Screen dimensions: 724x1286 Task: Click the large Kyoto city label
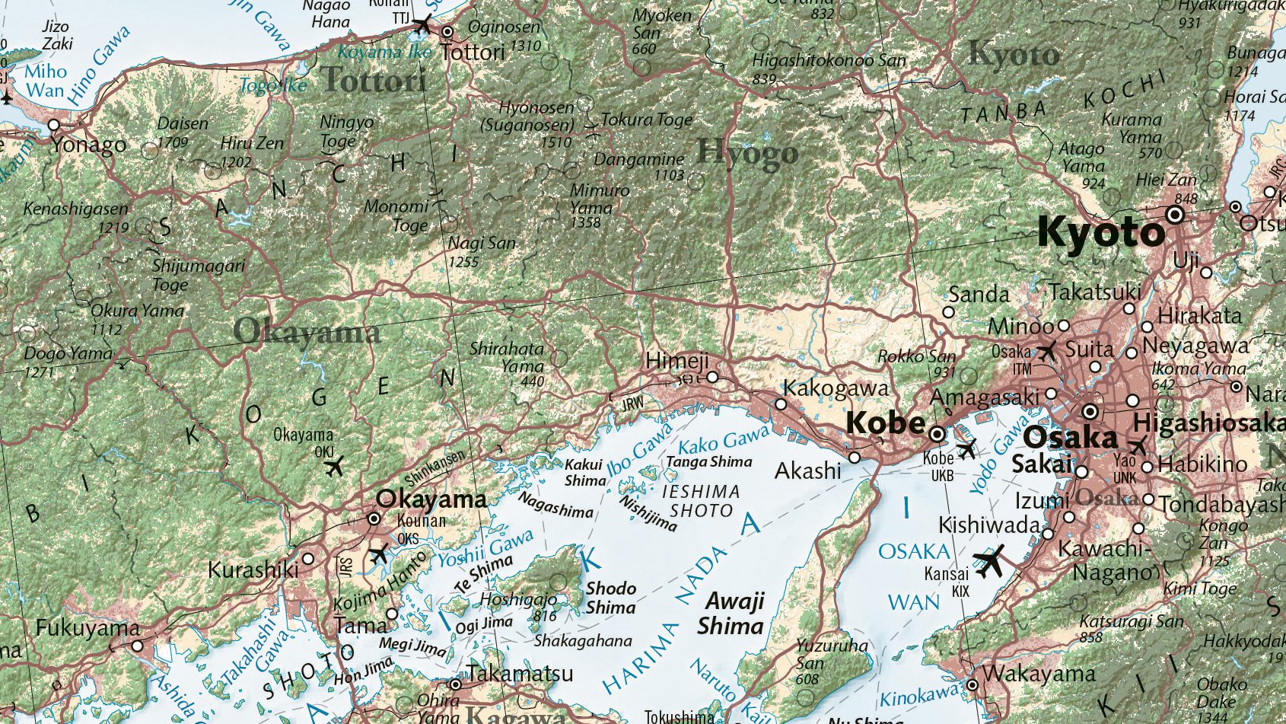1100,232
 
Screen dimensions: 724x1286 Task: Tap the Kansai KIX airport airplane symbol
990,562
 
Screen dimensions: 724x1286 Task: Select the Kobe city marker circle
937,434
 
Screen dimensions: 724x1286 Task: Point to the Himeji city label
676,361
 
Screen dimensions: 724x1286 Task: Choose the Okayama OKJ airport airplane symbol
334,465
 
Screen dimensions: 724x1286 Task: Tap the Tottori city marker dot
447,32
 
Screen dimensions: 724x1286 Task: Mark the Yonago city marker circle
54,125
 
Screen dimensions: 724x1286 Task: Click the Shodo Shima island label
611,598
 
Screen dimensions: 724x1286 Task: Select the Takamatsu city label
520,674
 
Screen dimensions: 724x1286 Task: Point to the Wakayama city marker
972,685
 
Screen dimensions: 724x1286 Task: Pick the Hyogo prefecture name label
747,153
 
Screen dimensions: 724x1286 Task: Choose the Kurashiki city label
253,569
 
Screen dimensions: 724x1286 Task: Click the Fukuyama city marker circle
137,646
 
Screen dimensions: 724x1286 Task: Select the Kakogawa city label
836,389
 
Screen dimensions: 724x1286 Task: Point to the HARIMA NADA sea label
670,617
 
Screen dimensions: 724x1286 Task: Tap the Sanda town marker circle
948,312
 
